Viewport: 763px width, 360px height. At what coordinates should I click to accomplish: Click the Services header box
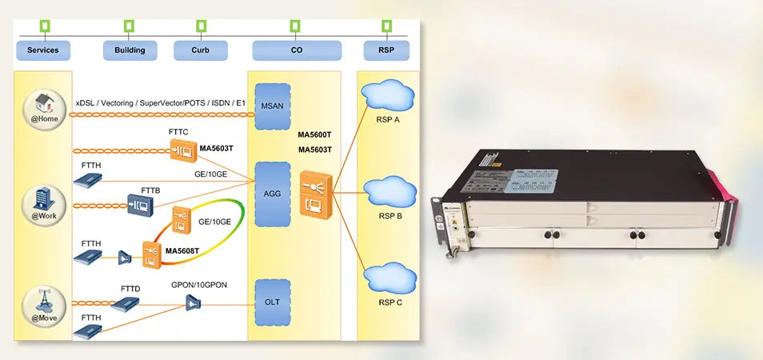click(x=43, y=50)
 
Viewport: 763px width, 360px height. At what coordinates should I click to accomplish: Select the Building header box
click(x=130, y=50)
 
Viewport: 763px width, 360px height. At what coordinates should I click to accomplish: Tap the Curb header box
click(x=201, y=50)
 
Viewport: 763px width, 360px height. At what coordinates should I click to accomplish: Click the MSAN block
click(x=272, y=106)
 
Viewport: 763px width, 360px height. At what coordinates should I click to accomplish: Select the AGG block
click(x=272, y=193)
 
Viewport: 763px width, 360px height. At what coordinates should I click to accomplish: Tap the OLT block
click(x=272, y=302)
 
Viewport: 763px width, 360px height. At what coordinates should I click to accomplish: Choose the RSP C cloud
click(x=389, y=279)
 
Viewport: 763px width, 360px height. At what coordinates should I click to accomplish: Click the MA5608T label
click(x=182, y=251)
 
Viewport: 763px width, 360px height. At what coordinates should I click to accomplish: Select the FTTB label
click(x=151, y=190)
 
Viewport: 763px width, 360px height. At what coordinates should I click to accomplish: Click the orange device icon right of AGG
click(x=314, y=193)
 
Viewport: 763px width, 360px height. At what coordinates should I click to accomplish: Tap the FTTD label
click(x=130, y=288)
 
